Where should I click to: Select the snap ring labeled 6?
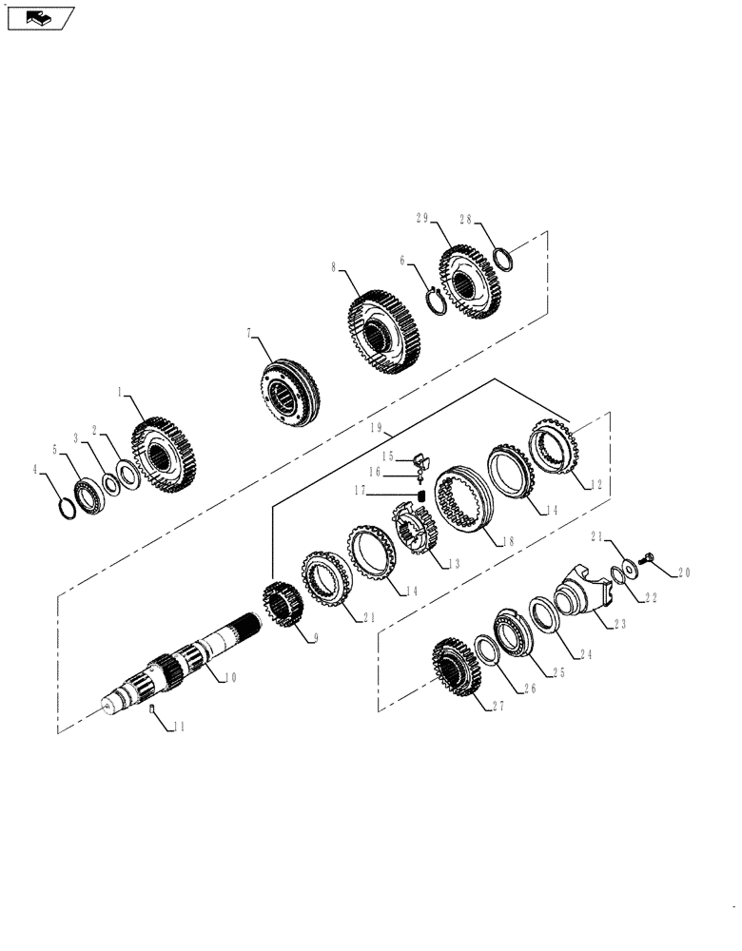pos(434,299)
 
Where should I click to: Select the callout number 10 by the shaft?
pos(229,677)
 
